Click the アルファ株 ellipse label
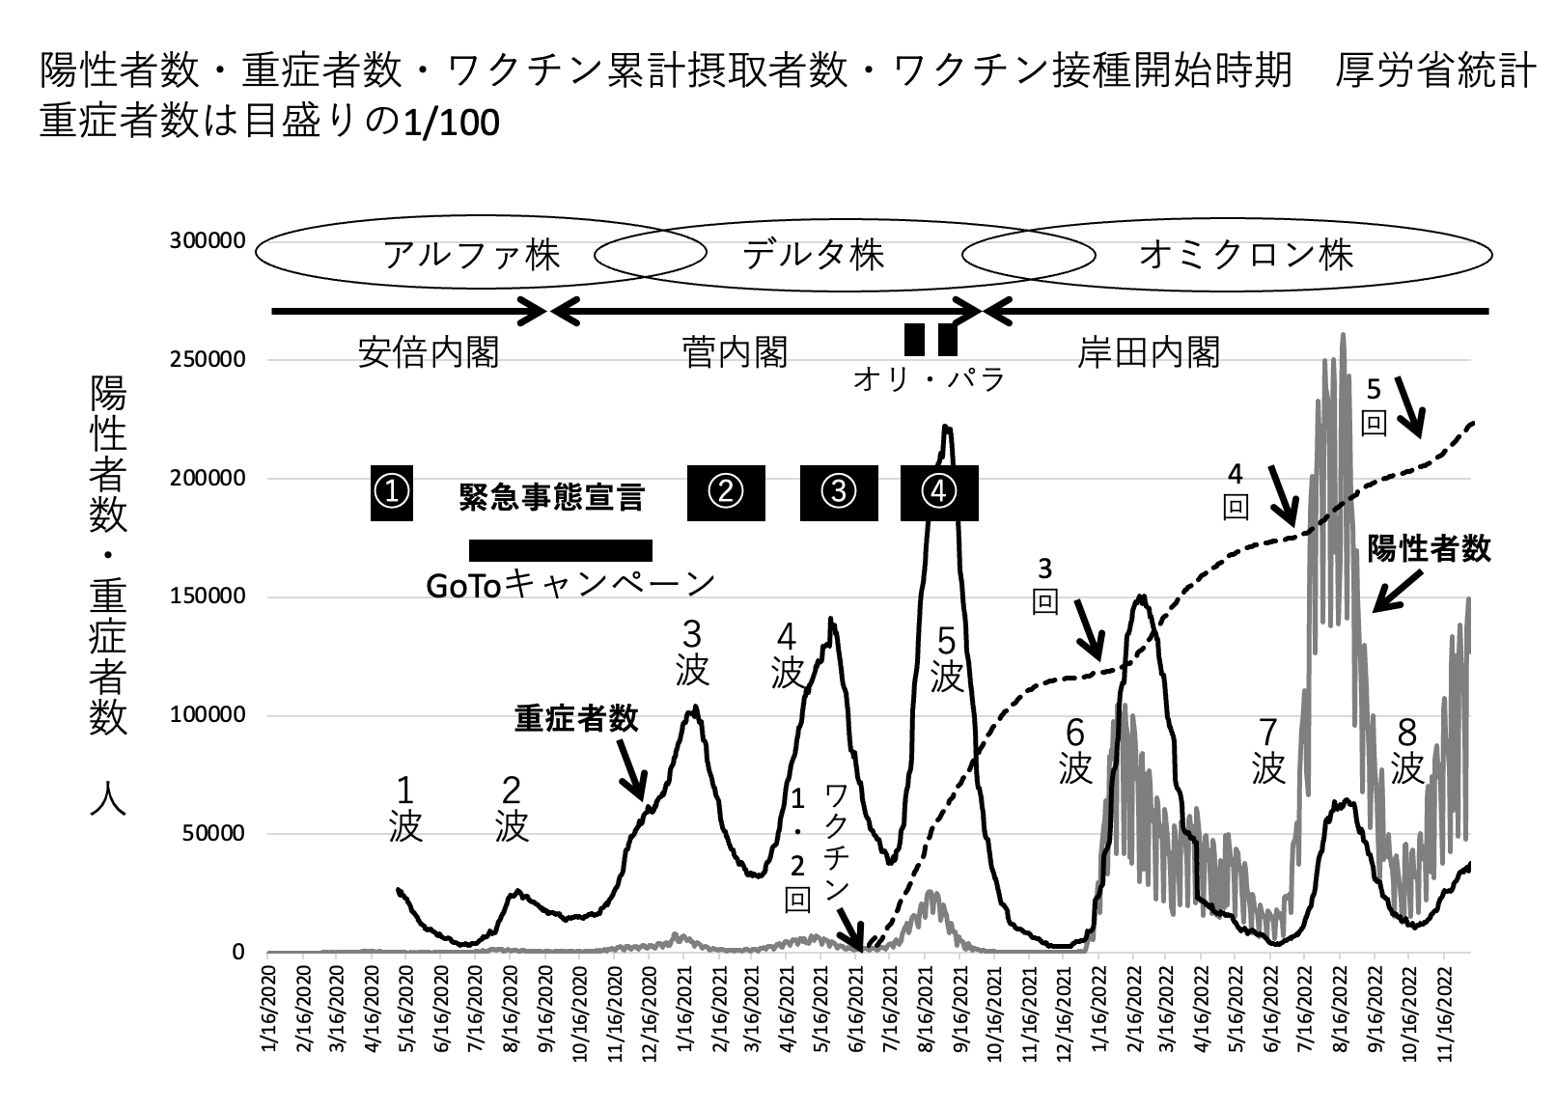pyautogui.click(x=471, y=255)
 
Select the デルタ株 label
pyautogui.click(x=813, y=255)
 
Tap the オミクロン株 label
pyautogui.click(x=1246, y=255)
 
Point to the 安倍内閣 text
pyautogui.click(x=429, y=353)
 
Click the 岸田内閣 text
pyautogui.click(x=1149, y=353)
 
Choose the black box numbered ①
pyautogui.click(x=392, y=492)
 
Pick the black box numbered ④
pyautogui.click(x=939, y=492)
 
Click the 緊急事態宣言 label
pyautogui.click(x=550, y=498)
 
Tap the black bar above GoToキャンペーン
pyautogui.click(x=561, y=550)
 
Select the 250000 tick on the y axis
pyautogui.click(x=208, y=360)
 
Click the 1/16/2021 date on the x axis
pyautogui.click(x=684, y=1004)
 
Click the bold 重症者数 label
pyautogui.click(x=576, y=719)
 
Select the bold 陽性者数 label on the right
pyautogui.click(x=1429, y=549)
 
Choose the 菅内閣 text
pyautogui.click(x=734, y=353)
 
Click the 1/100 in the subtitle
pyautogui.click(x=453, y=125)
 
